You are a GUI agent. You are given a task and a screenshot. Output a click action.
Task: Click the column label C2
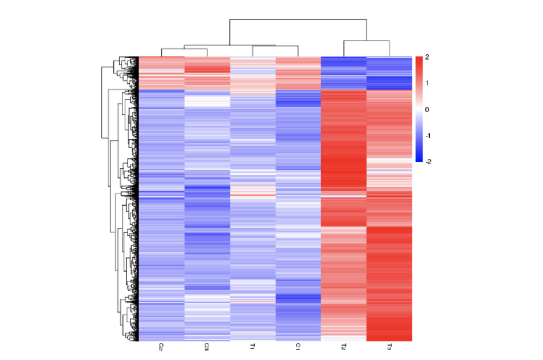[161, 347]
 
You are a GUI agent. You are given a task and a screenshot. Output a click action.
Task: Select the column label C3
[207, 347]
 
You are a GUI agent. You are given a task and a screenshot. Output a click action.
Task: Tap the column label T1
[252, 347]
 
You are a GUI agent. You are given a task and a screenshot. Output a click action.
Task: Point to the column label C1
[298, 347]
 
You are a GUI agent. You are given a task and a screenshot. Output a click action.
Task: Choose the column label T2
[344, 347]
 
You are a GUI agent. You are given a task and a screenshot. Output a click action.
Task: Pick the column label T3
[389, 347]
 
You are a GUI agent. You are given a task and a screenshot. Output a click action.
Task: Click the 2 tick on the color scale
[427, 57]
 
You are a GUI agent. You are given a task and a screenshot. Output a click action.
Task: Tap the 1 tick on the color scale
[427, 83]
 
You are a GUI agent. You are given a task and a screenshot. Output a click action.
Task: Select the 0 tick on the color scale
[427, 109]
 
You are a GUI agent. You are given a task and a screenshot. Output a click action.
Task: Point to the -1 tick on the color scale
[427, 135]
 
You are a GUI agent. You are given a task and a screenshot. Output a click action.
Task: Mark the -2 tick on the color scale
[427, 162]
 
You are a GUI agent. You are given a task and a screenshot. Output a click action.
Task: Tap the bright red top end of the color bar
[419, 60]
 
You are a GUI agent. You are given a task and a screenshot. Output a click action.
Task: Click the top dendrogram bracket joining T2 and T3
[366, 41]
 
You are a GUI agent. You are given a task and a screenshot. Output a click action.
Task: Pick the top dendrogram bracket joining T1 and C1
[275, 46]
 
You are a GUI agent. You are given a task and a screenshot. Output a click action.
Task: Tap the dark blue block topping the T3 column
[389, 81]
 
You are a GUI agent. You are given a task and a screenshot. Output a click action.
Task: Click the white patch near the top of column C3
[207, 101]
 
